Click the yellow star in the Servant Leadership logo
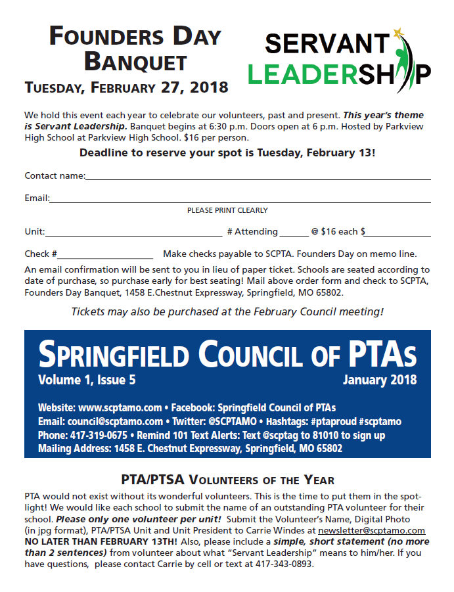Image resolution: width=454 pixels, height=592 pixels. click(x=397, y=32)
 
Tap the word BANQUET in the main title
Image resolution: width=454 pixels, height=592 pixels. click(x=136, y=62)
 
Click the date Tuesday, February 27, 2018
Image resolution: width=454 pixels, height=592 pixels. click(x=126, y=87)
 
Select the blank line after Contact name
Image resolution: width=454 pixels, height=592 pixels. click(x=258, y=177)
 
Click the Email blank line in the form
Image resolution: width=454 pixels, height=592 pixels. click(x=240, y=199)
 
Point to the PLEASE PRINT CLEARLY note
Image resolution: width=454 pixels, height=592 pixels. click(x=227, y=210)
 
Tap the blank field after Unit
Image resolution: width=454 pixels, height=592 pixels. click(x=133, y=233)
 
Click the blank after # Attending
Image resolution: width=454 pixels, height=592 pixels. click(x=293, y=233)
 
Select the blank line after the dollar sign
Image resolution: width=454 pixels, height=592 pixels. click(x=398, y=233)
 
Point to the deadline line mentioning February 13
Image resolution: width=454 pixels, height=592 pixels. click(x=227, y=153)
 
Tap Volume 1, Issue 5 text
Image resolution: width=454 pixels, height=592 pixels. click(x=87, y=380)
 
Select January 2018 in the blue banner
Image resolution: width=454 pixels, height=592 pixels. click(x=379, y=380)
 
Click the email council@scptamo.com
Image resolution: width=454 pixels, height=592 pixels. click(x=115, y=421)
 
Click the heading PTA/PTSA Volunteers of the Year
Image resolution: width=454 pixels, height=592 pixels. click(x=227, y=480)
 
